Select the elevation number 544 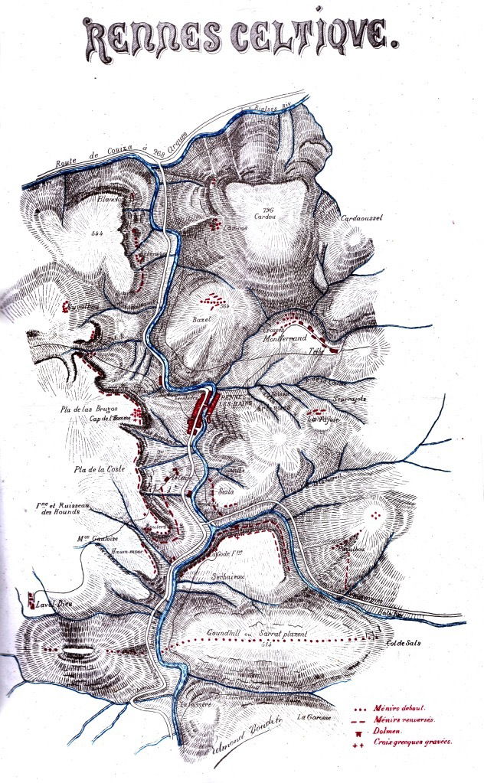pyautogui.click(x=96, y=231)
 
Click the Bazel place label pyautogui.click(x=201, y=318)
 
